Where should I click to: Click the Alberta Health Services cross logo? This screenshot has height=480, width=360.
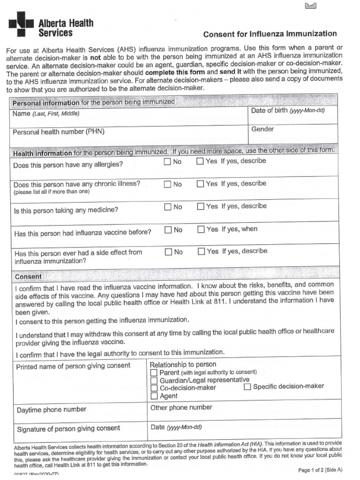click(x=21, y=24)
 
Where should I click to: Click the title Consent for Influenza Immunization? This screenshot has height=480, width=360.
click(x=270, y=34)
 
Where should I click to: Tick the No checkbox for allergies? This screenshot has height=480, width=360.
click(x=167, y=162)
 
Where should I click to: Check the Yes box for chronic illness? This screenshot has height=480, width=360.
click(x=201, y=184)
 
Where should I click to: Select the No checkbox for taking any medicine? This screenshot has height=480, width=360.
click(x=168, y=207)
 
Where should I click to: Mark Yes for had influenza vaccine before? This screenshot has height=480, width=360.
click(x=201, y=229)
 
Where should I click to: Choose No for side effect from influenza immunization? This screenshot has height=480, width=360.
click(x=168, y=252)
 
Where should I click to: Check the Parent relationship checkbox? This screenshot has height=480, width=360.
click(x=154, y=373)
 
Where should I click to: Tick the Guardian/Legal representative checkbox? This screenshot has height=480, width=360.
click(x=154, y=380)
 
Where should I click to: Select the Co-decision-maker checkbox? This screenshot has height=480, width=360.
click(x=154, y=388)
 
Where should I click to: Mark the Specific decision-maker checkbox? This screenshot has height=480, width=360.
click(x=247, y=387)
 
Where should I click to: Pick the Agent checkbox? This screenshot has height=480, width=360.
click(x=154, y=396)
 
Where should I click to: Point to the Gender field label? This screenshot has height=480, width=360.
click(x=262, y=129)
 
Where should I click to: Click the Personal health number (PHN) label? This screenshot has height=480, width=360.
click(x=59, y=132)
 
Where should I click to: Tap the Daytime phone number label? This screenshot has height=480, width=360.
click(x=52, y=410)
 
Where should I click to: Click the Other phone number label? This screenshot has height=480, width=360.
click(x=181, y=407)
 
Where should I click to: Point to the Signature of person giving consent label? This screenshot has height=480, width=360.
click(x=68, y=428)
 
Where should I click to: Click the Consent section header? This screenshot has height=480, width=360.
click(x=28, y=277)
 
